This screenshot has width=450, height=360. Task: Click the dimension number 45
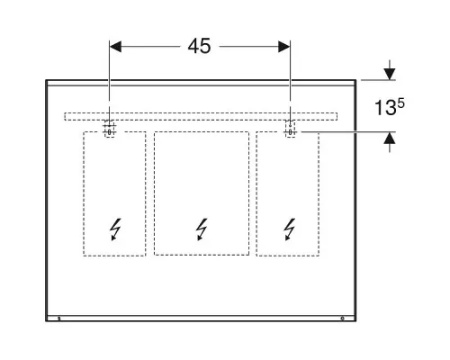point(199,47)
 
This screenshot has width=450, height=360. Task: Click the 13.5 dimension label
point(390,107)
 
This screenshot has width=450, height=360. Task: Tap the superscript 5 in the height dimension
point(401,103)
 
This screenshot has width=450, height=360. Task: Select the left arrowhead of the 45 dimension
point(115,47)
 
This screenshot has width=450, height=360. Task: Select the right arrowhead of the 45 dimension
point(284,47)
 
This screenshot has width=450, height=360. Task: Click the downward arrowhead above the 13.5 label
point(390,74)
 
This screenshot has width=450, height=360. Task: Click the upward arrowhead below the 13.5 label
point(390,138)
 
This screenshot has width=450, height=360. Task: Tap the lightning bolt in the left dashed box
point(115,229)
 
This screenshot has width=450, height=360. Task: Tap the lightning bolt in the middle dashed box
point(202,229)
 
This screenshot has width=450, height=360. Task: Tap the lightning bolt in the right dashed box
point(290,229)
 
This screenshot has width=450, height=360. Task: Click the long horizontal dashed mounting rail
point(201,117)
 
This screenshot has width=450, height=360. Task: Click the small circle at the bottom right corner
point(342,318)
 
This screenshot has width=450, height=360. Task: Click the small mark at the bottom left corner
point(59,319)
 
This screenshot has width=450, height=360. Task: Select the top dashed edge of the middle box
point(202,131)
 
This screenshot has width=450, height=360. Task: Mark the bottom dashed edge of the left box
point(114,256)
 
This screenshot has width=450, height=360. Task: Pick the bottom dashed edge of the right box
point(288,256)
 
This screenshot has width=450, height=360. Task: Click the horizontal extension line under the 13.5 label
point(348,131)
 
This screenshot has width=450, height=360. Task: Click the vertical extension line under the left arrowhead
point(109,71)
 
